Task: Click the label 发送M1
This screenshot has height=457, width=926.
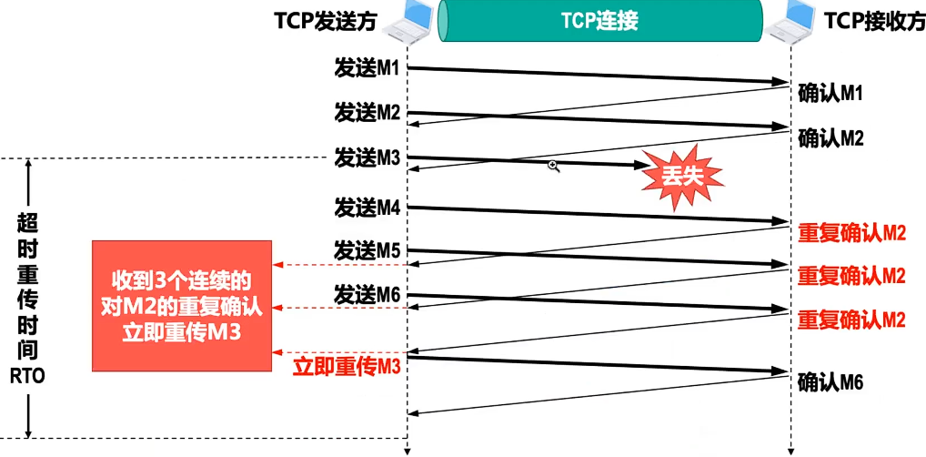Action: (x=367, y=69)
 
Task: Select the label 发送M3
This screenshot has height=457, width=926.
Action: (x=367, y=157)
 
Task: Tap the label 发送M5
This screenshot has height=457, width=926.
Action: (x=367, y=249)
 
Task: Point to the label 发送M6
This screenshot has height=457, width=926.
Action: (x=367, y=293)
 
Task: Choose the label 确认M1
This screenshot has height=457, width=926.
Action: (x=830, y=93)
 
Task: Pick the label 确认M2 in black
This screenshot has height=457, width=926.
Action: (x=830, y=138)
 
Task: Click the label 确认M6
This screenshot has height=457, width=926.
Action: (x=830, y=381)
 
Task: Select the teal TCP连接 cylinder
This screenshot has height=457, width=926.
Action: (x=600, y=21)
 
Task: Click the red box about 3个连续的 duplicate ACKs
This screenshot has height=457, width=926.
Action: (x=182, y=306)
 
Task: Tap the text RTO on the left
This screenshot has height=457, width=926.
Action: (x=28, y=375)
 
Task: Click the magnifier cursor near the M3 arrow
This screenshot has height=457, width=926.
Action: (x=552, y=166)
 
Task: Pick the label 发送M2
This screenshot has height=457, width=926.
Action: (x=367, y=113)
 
